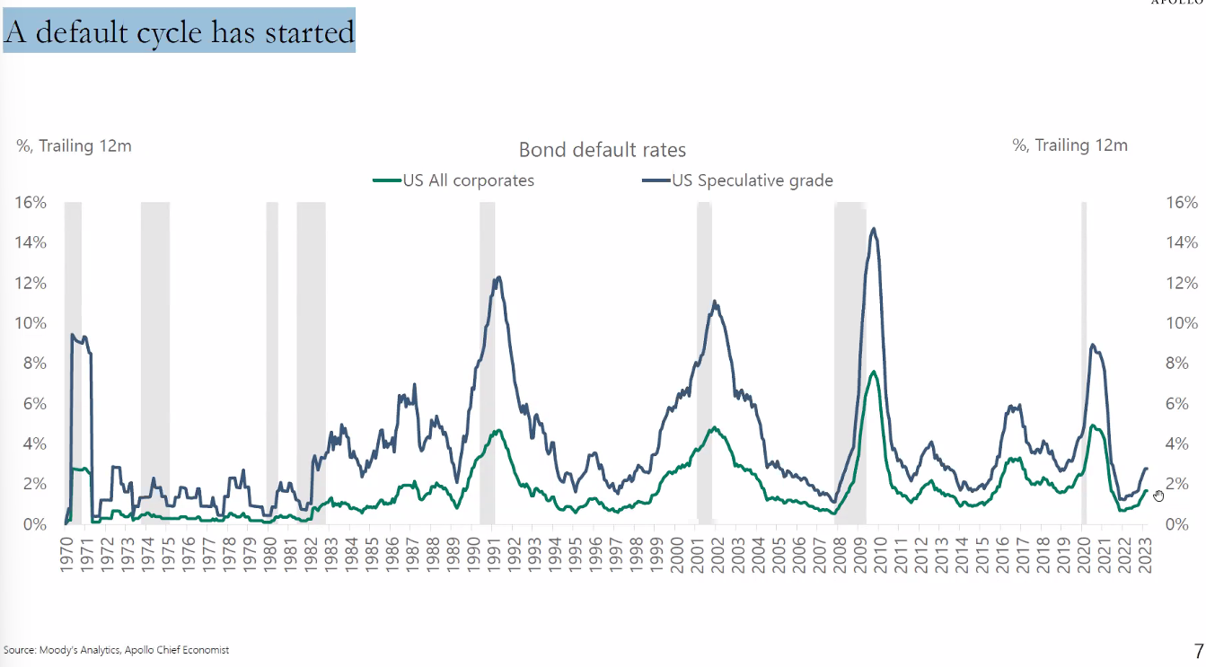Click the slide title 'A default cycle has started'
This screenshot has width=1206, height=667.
click(179, 31)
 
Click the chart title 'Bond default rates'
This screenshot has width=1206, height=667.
click(602, 150)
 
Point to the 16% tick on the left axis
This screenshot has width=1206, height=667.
click(31, 202)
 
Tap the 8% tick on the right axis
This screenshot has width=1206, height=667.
click(1181, 364)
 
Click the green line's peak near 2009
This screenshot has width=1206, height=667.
click(873, 371)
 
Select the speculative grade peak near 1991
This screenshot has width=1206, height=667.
click(498, 277)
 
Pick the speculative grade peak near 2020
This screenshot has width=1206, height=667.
click(1091, 344)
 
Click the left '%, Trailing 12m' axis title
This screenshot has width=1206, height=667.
click(75, 145)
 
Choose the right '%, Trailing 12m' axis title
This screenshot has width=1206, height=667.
click(1070, 145)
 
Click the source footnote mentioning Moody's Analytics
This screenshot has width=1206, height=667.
click(116, 649)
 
